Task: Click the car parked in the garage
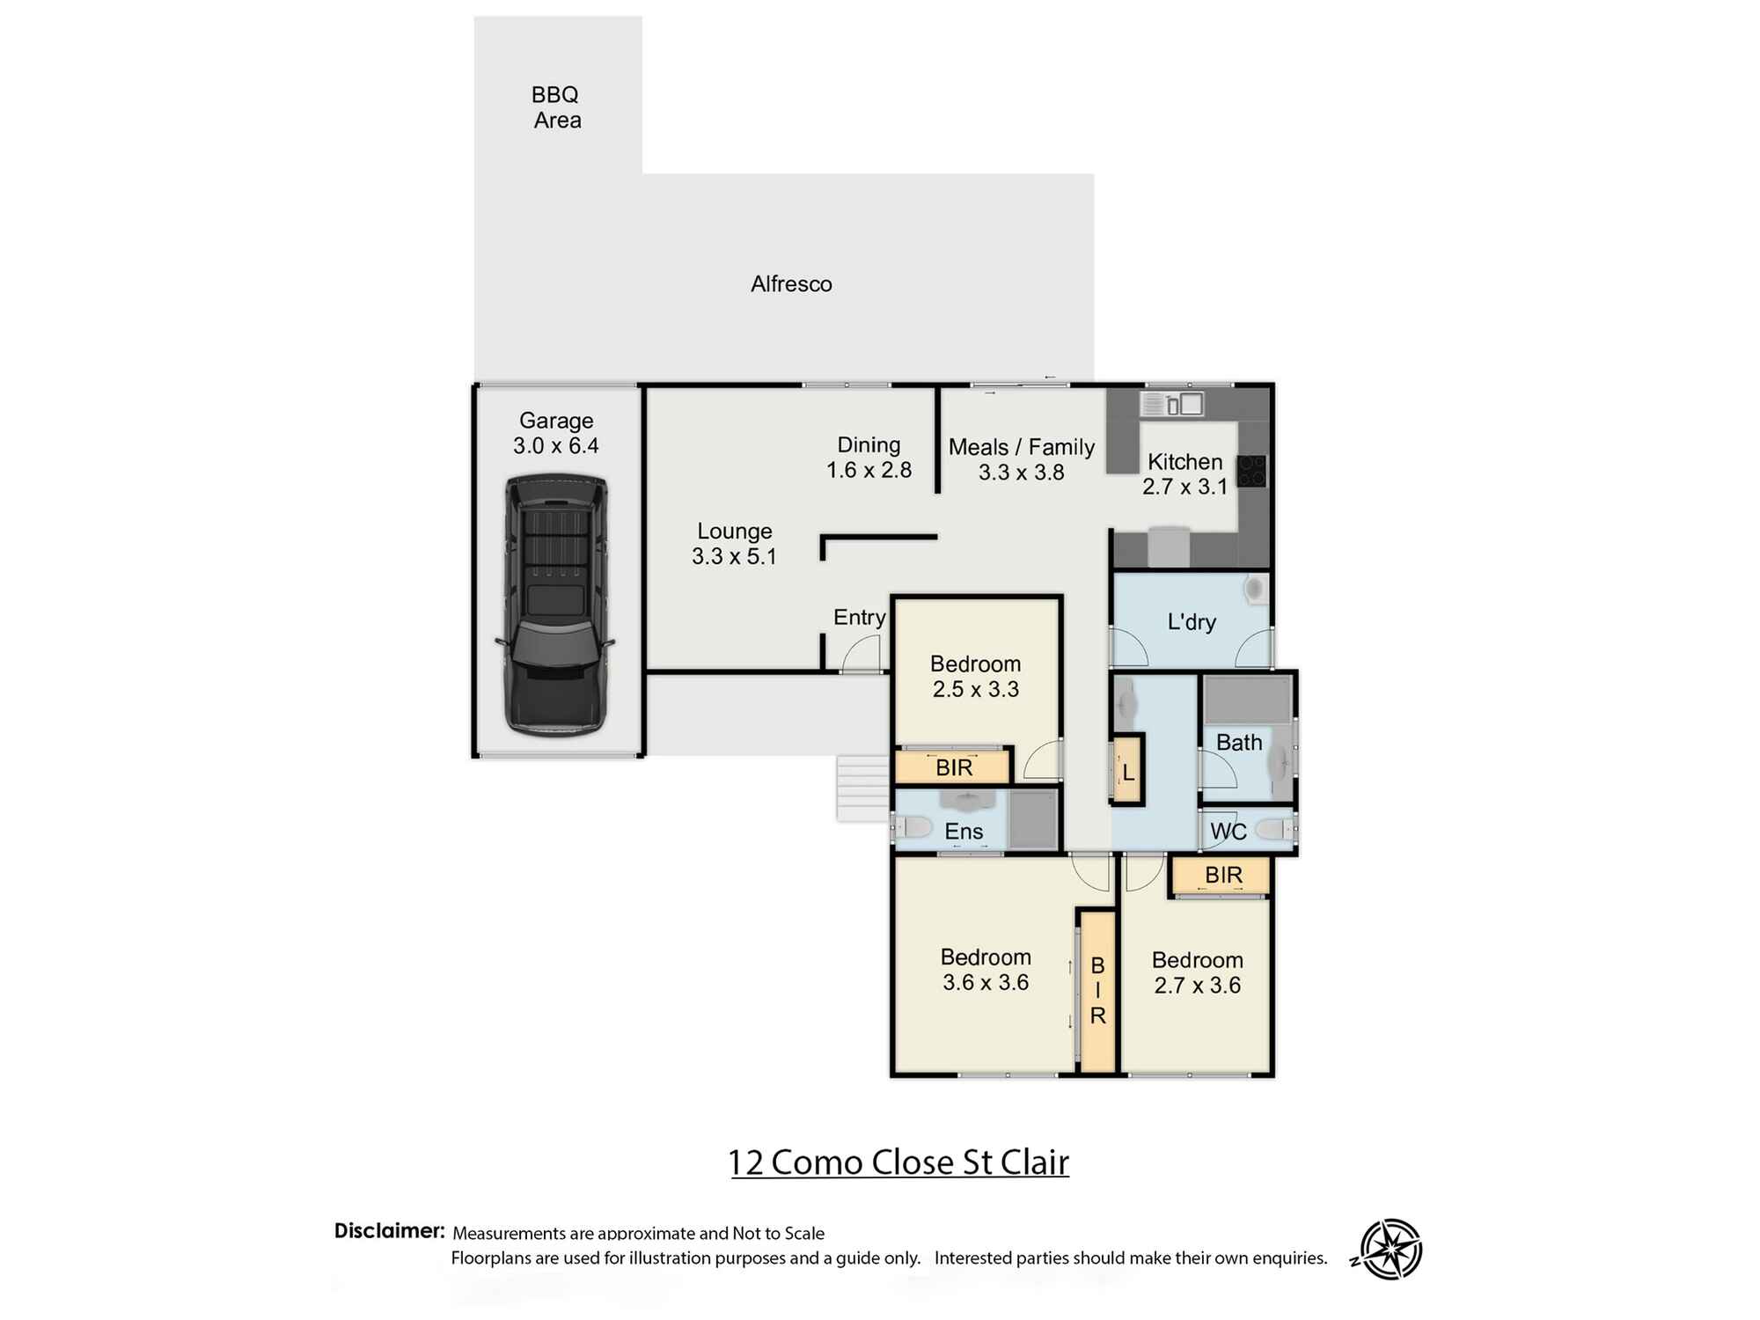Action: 554,605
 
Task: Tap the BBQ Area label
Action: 556,107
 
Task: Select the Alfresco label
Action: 791,284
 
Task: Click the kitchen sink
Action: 1172,404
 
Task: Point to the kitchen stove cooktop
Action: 1251,471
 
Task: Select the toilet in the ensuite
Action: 912,827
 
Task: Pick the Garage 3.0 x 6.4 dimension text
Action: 556,433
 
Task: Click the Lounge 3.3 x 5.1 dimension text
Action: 734,544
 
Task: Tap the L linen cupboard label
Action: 1129,774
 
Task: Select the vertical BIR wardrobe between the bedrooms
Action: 1097,991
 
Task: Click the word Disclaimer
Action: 389,1230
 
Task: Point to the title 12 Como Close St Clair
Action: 898,1162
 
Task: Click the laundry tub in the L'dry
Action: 1256,589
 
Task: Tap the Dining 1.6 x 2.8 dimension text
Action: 869,458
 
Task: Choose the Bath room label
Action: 1239,743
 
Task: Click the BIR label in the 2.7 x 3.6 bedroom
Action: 1223,875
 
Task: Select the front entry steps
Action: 862,788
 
